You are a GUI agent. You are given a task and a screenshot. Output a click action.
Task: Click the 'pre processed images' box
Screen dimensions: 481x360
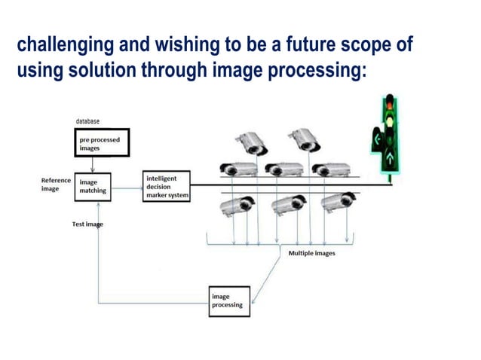101,143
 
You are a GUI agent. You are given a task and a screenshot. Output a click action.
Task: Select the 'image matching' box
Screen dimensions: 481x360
94,186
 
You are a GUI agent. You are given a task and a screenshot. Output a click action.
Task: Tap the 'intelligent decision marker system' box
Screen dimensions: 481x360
166,186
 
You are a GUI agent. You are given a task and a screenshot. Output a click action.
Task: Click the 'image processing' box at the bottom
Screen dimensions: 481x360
229,301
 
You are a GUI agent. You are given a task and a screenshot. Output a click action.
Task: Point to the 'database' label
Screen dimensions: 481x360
87,121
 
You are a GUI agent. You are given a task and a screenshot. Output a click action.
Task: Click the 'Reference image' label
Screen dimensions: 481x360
56,185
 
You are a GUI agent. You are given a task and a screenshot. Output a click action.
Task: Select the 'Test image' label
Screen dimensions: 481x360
87,224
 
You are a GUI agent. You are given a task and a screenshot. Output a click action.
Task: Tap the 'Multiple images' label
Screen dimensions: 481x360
312,254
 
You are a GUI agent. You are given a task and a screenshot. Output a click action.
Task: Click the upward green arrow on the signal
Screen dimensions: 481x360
390,159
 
